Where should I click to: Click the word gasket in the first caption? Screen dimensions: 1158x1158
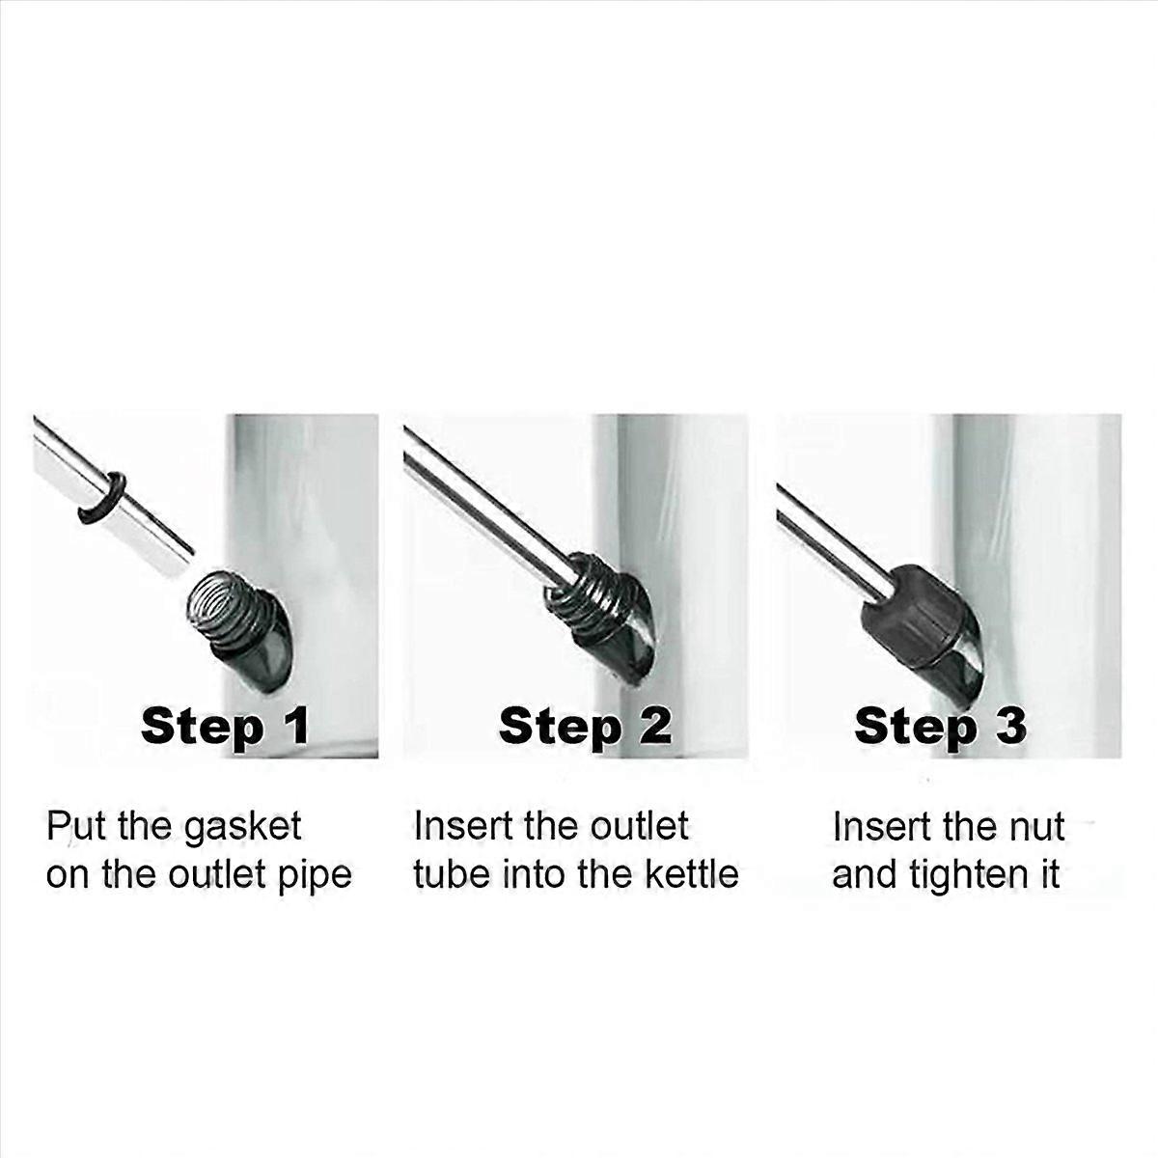[x=242, y=828]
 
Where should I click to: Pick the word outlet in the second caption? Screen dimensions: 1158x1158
[x=639, y=826]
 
